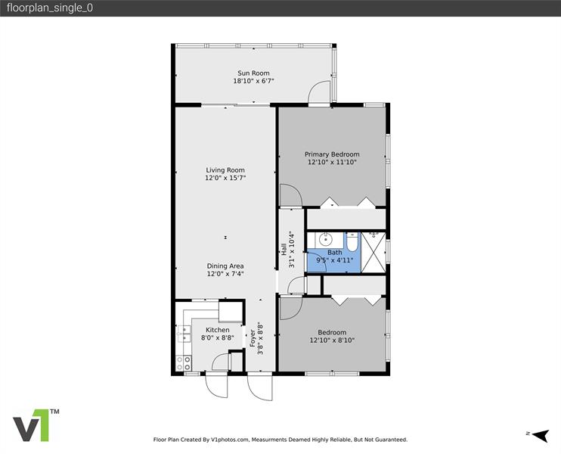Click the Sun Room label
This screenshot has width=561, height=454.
253,73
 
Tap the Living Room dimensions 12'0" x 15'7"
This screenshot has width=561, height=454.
225,178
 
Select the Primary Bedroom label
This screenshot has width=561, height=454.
332,154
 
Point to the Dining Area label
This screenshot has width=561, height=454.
225,266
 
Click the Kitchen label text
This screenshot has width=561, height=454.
218,330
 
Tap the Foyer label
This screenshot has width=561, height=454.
253,338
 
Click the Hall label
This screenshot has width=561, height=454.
284,250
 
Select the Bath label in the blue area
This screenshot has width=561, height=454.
334,253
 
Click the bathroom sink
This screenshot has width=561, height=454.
326,238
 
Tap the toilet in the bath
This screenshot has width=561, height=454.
352,241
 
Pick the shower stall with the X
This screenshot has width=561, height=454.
373,253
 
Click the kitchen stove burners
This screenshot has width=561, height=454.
184,363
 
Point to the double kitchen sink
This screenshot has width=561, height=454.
184,334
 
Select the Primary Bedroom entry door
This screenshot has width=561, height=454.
290,196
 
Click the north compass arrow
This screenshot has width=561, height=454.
541,435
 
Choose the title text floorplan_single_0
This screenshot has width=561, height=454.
50,8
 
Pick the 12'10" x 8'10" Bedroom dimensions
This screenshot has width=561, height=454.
332,340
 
